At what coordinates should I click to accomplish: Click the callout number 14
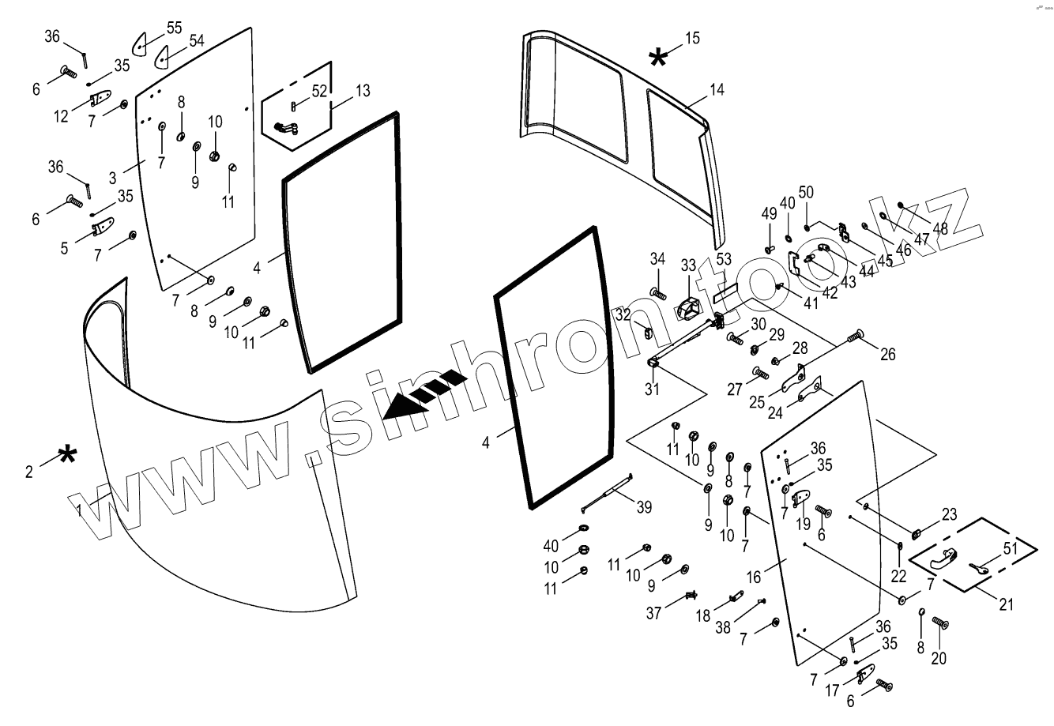pyautogui.click(x=716, y=89)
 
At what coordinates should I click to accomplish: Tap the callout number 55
pyautogui.click(x=174, y=28)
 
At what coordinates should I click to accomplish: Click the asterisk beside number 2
pyautogui.click(x=69, y=455)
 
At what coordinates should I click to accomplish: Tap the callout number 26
pyautogui.click(x=888, y=355)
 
